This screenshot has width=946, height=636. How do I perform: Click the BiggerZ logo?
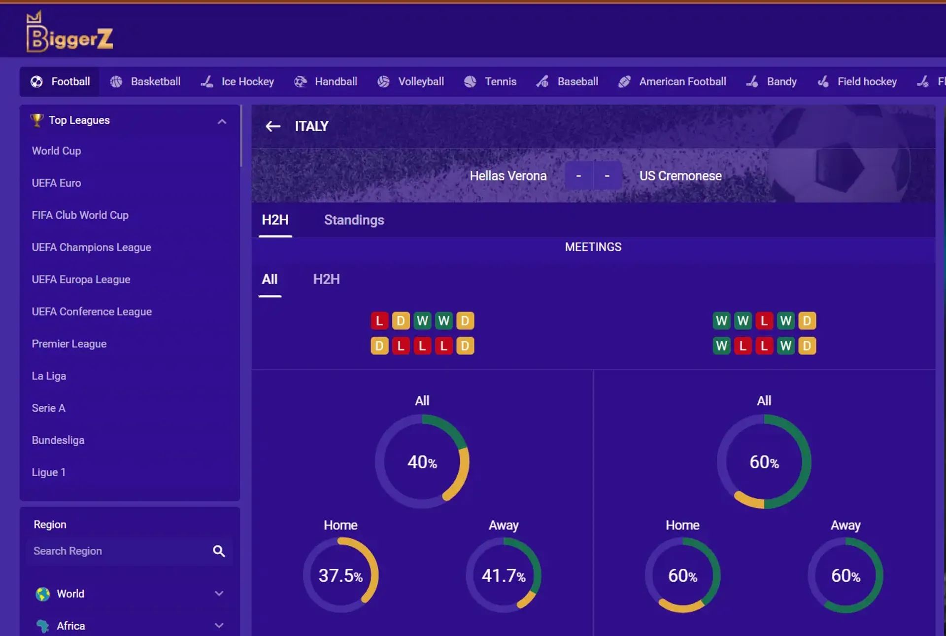69,33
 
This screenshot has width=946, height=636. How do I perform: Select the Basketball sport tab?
145,81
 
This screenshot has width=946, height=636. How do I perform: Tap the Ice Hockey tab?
237,81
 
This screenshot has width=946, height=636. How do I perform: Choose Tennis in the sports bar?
490,81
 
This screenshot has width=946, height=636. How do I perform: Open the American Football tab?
673,81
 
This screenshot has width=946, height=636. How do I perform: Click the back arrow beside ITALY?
273,127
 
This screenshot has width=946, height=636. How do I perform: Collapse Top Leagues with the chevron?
222,121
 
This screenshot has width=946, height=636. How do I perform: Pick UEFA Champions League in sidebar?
91,247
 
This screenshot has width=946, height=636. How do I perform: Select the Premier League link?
69,344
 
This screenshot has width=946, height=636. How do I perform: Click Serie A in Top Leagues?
48,408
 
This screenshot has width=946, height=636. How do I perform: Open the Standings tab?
354,220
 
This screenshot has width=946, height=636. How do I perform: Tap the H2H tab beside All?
326,279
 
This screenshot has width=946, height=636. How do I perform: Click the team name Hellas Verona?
508,176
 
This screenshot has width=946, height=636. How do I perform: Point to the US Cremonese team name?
680,176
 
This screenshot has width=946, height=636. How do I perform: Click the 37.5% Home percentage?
340,575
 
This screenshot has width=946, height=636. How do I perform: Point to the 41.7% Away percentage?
504,575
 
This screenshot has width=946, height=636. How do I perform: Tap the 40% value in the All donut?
422,462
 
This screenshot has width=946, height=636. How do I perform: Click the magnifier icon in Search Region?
219,551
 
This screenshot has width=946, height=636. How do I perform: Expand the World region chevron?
219,594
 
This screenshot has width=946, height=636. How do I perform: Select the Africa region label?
70,626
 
